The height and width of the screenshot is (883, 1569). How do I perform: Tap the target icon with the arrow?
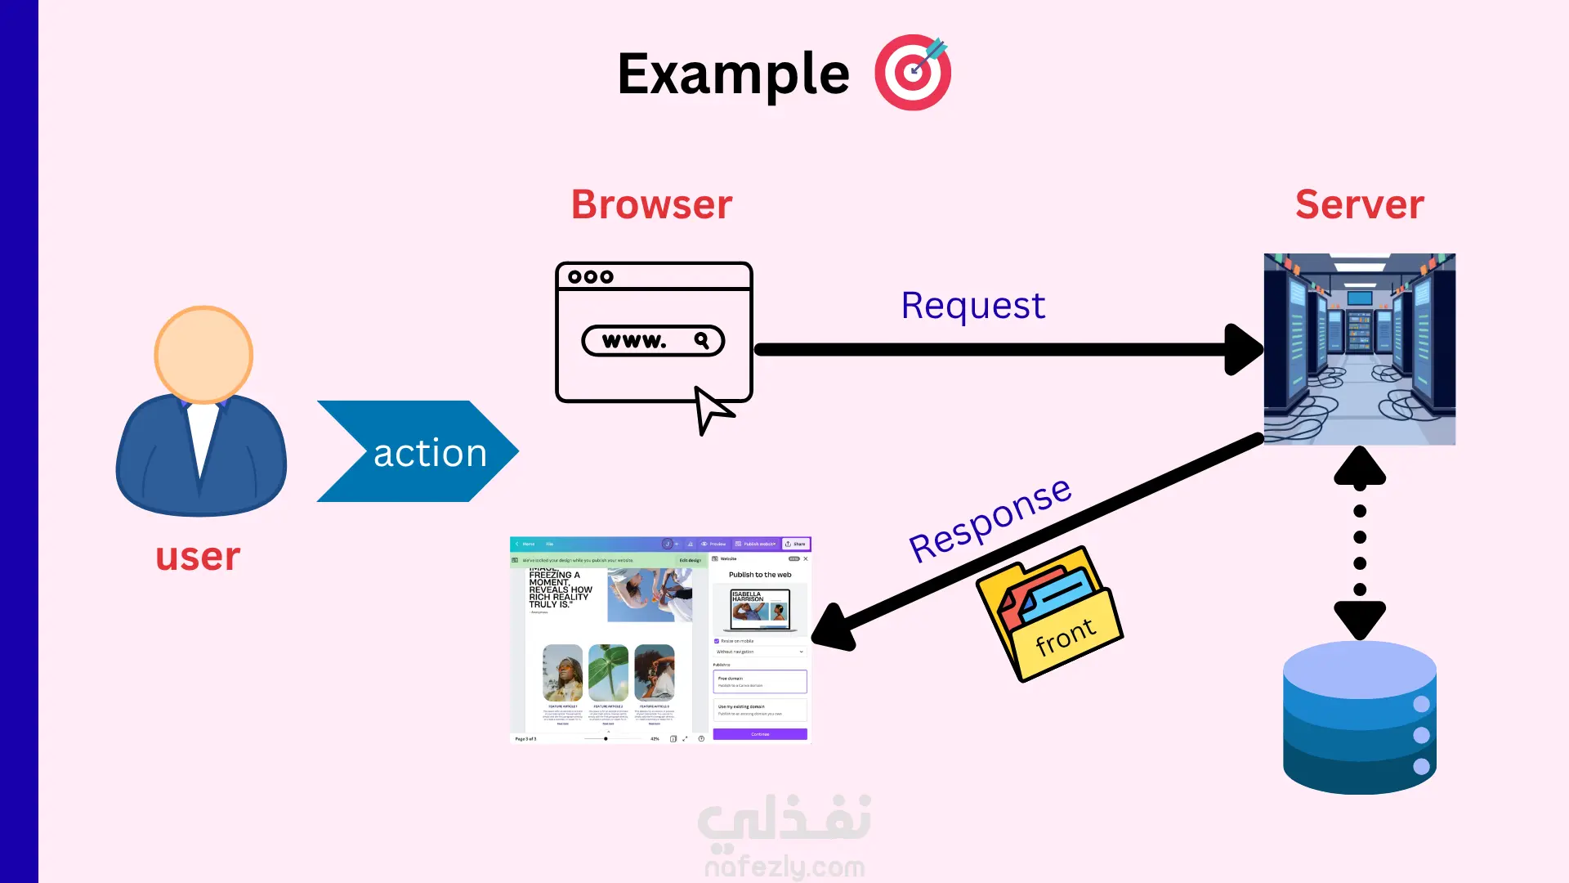(x=913, y=73)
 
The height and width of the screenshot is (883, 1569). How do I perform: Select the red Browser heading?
(x=651, y=204)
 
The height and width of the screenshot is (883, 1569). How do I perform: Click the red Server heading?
(x=1359, y=204)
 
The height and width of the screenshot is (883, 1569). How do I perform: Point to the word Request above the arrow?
(x=972, y=306)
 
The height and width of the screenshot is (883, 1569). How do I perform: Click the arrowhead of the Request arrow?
(x=1243, y=350)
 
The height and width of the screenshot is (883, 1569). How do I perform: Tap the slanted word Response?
(x=990, y=520)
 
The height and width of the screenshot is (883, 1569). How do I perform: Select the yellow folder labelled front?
(x=1050, y=615)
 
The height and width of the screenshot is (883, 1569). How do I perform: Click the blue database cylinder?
(x=1359, y=718)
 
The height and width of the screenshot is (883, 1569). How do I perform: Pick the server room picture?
(x=1359, y=349)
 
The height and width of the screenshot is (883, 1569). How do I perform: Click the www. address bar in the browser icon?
(x=652, y=341)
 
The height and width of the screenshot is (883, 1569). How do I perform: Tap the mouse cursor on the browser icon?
(x=712, y=409)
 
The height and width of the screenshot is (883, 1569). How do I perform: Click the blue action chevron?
(x=418, y=451)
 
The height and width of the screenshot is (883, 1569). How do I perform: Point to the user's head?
(x=203, y=355)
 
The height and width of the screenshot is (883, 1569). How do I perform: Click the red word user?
(x=198, y=557)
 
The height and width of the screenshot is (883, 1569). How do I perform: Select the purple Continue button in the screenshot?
(x=759, y=734)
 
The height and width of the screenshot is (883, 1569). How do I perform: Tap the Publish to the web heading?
(x=759, y=575)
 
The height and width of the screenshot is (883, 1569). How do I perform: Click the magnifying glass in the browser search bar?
(x=701, y=340)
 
